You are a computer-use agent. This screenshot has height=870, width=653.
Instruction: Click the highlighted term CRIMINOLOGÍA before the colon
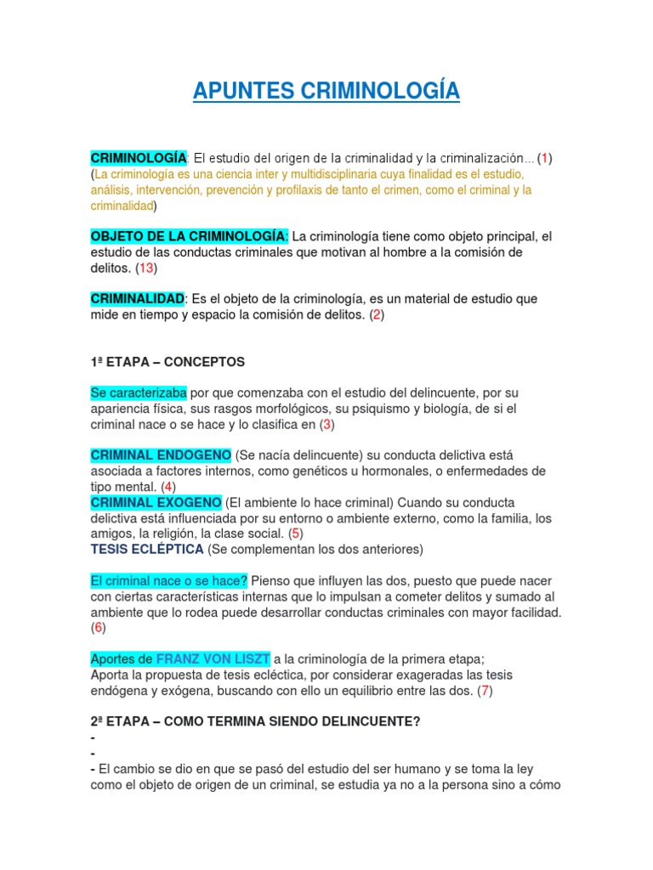[x=138, y=159]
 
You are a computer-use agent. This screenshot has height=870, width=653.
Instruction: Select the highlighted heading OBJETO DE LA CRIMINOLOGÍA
[x=190, y=235]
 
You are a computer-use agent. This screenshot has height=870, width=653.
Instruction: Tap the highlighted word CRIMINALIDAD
[x=137, y=299]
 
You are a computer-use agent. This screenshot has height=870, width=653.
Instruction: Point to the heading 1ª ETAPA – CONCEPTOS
[x=168, y=362]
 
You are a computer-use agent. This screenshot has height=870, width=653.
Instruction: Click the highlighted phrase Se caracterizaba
[x=138, y=393]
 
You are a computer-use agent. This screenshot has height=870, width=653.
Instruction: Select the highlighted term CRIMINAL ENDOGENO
[x=161, y=455]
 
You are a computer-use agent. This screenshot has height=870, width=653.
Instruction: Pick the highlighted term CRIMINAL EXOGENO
[x=156, y=502]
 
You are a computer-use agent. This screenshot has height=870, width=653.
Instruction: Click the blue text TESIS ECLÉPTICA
[x=147, y=549]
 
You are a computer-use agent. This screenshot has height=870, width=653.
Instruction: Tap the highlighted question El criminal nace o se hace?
[x=168, y=580]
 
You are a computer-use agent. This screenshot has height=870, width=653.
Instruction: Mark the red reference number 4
[x=168, y=487]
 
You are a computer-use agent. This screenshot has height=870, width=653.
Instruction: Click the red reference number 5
[x=295, y=534]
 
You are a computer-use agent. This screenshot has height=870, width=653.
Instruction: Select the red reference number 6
[x=98, y=628]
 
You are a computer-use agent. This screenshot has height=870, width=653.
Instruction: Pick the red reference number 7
[x=485, y=690]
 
